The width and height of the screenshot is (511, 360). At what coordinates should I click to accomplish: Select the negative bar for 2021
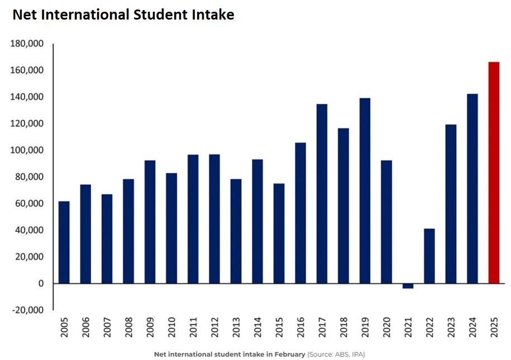408,286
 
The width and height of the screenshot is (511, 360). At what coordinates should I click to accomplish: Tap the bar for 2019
365,191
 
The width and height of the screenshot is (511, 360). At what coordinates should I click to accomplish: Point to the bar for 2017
322,193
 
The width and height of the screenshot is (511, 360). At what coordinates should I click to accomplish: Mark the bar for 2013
236,231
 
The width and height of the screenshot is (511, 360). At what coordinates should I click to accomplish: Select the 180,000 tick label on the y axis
26,44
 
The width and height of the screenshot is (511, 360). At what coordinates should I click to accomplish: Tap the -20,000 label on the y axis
26,310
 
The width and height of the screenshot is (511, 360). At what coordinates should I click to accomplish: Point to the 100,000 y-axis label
26,150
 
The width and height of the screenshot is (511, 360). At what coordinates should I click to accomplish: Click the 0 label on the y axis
40,283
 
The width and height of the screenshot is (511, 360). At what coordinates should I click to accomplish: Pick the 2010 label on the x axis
171,330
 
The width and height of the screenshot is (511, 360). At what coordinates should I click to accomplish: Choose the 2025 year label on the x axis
494,330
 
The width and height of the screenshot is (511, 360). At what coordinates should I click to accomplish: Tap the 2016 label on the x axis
300,330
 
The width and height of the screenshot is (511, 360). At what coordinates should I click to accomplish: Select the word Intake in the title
212,15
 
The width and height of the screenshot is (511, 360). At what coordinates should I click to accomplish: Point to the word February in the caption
289,354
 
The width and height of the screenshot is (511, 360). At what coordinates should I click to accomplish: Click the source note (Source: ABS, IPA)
336,354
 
